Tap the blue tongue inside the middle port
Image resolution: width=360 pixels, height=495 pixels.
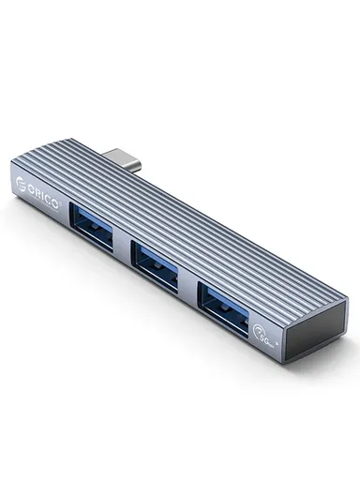coord(157,253)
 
